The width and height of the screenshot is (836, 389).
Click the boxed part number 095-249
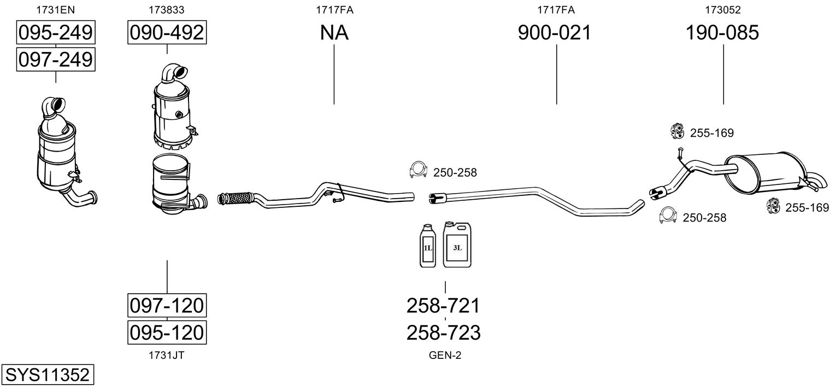[x=55, y=33]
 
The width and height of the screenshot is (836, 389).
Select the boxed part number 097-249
[x=55, y=59]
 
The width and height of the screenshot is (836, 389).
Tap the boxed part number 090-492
[x=167, y=33]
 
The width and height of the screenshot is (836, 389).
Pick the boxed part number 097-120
[x=167, y=305]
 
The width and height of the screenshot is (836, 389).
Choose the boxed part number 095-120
[x=167, y=332]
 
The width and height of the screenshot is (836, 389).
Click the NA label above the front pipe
[x=334, y=33]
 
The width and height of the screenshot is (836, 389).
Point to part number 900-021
[x=554, y=33]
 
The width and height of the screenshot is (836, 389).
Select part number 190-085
[x=722, y=33]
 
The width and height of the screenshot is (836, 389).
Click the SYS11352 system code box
[x=47, y=375]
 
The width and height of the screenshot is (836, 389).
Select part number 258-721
[x=443, y=305]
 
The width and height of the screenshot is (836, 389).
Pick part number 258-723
[x=443, y=332]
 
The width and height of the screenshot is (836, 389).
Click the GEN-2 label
[x=445, y=356]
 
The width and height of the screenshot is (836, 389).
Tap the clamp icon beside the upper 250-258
[x=418, y=171]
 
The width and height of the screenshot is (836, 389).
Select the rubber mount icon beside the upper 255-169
[x=678, y=131]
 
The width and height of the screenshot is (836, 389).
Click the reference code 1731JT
[x=166, y=356]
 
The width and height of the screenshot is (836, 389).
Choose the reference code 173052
[x=722, y=9]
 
